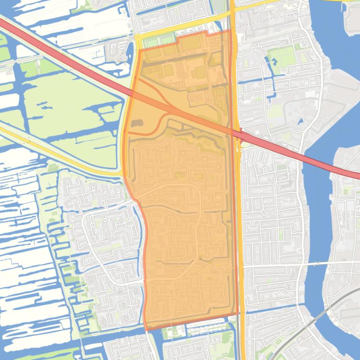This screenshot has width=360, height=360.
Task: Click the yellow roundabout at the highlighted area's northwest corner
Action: [139, 38]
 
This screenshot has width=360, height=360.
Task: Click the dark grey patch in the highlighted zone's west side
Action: [136, 123]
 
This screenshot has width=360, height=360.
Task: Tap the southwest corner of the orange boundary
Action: [147, 330]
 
